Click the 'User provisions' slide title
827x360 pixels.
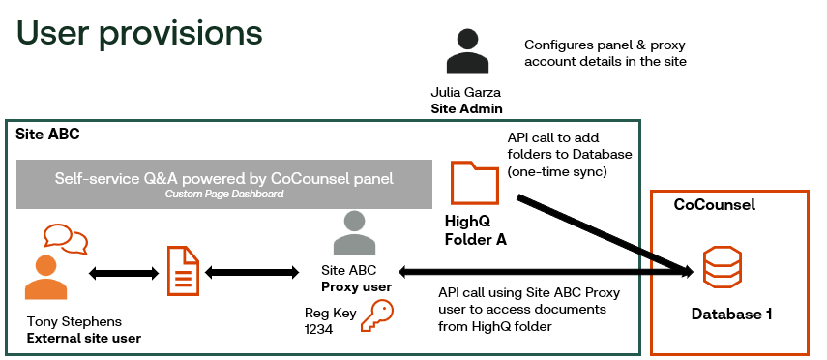click(x=139, y=33)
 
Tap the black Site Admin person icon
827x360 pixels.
click(x=467, y=51)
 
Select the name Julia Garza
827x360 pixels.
click(x=465, y=92)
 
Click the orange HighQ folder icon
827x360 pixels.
click(x=475, y=183)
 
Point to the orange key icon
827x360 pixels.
click(x=377, y=315)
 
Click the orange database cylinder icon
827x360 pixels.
click(x=722, y=267)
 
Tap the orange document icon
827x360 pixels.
click(x=183, y=271)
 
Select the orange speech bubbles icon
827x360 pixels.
click(x=66, y=239)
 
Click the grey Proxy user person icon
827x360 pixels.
click(x=354, y=233)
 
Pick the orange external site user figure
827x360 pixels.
click(x=45, y=278)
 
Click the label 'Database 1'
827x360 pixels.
click(x=731, y=315)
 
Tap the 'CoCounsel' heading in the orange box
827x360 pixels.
click(x=715, y=205)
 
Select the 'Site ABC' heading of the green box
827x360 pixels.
click(x=47, y=135)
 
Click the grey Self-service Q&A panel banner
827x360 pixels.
click(x=224, y=184)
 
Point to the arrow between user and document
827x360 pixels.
click(x=124, y=273)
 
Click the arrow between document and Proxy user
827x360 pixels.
click(x=251, y=272)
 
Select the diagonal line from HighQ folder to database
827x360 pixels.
click(x=604, y=234)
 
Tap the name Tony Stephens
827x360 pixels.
click(x=74, y=321)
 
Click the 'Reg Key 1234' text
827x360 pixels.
click(x=330, y=321)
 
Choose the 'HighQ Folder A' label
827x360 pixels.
click(x=476, y=229)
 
